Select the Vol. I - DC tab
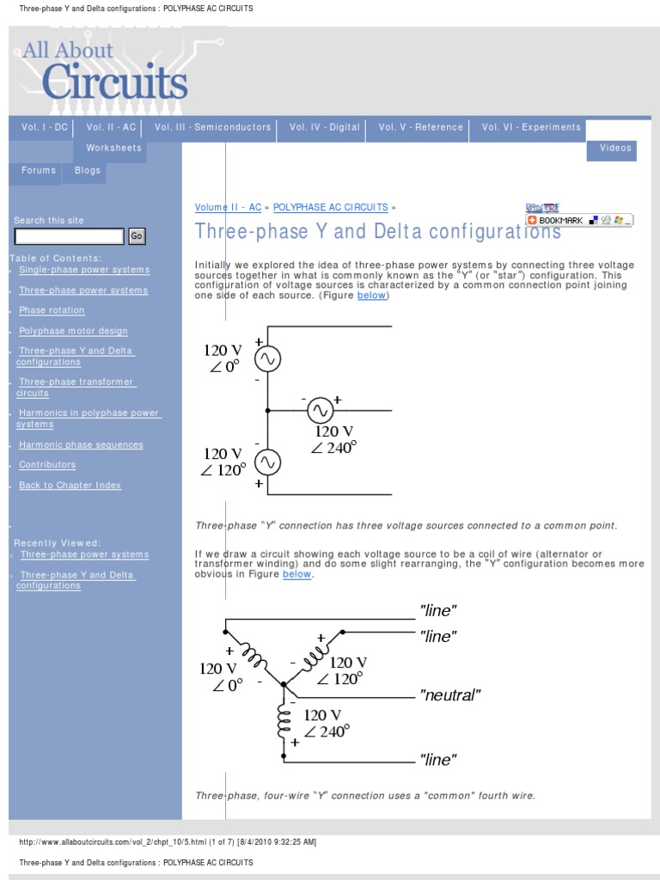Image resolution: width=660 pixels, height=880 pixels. click(x=45, y=127)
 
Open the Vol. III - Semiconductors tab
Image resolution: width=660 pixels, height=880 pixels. click(x=212, y=127)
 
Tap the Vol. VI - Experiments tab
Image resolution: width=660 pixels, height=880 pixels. click(x=531, y=127)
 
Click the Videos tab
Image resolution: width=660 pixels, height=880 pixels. click(x=615, y=149)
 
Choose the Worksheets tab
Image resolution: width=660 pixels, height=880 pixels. click(x=113, y=149)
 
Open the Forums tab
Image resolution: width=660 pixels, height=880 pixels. click(x=39, y=171)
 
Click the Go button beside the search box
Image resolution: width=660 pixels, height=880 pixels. click(x=137, y=236)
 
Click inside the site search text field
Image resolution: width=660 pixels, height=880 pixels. click(x=70, y=236)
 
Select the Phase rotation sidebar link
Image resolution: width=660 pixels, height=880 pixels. click(x=52, y=310)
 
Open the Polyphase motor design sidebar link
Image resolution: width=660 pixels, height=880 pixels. click(x=73, y=331)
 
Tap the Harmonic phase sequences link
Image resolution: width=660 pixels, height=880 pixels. click(x=81, y=445)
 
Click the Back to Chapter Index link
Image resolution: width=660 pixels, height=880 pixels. click(x=70, y=486)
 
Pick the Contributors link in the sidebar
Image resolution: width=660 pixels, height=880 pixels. click(x=47, y=465)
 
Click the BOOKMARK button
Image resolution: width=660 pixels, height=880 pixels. click(x=556, y=221)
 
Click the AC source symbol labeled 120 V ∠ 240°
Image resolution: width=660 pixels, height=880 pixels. click(x=321, y=411)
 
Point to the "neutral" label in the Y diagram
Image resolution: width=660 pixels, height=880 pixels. click(x=449, y=695)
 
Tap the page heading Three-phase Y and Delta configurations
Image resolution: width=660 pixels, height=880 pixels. click(x=377, y=232)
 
